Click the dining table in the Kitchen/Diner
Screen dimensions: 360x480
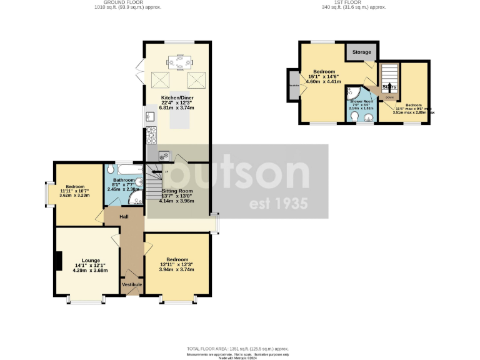(179, 61)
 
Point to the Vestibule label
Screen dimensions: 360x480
(132, 285)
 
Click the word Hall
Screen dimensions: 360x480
(124, 216)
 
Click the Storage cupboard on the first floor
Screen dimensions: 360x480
(362, 52)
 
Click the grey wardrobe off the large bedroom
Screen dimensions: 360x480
(293, 85)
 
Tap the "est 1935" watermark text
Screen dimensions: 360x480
(278, 204)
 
